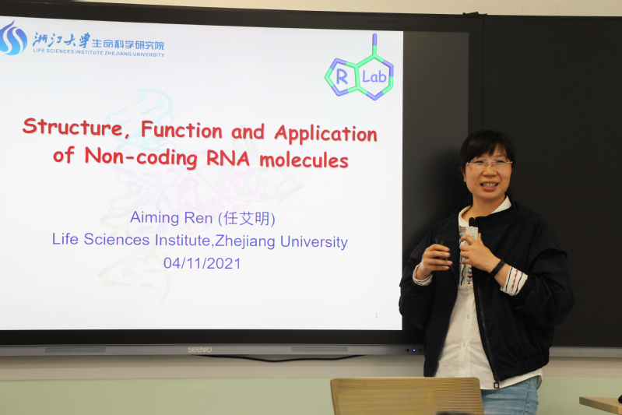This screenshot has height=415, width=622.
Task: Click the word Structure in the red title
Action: coord(72,127)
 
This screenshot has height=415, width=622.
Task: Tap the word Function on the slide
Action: coord(181,129)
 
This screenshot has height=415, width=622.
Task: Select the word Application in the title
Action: coord(325,134)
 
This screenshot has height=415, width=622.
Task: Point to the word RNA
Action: coord(228,158)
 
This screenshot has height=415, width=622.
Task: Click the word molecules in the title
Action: coord(304,160)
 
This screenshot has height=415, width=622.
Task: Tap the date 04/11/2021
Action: coord(202,263)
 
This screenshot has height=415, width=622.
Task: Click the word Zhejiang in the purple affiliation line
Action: coord(245,241)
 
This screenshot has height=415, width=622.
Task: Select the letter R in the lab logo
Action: coord(342,77)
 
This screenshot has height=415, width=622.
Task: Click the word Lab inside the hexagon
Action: coord(374,76)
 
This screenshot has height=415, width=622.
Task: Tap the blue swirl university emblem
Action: coord(13,38)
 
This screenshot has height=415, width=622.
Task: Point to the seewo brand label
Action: coord(200,350)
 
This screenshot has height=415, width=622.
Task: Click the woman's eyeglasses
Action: coord(489,164)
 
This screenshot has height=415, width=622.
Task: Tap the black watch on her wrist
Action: coord(497,268)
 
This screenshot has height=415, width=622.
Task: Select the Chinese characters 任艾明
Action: coord(247,219)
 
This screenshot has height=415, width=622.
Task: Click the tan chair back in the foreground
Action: coord(407,396)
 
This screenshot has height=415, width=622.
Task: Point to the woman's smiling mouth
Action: coord(488,185)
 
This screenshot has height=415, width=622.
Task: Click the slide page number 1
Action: coord(376,316)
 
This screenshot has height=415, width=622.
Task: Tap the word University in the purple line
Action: coord(314,241)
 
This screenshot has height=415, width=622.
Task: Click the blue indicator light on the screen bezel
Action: coord(413,350)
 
